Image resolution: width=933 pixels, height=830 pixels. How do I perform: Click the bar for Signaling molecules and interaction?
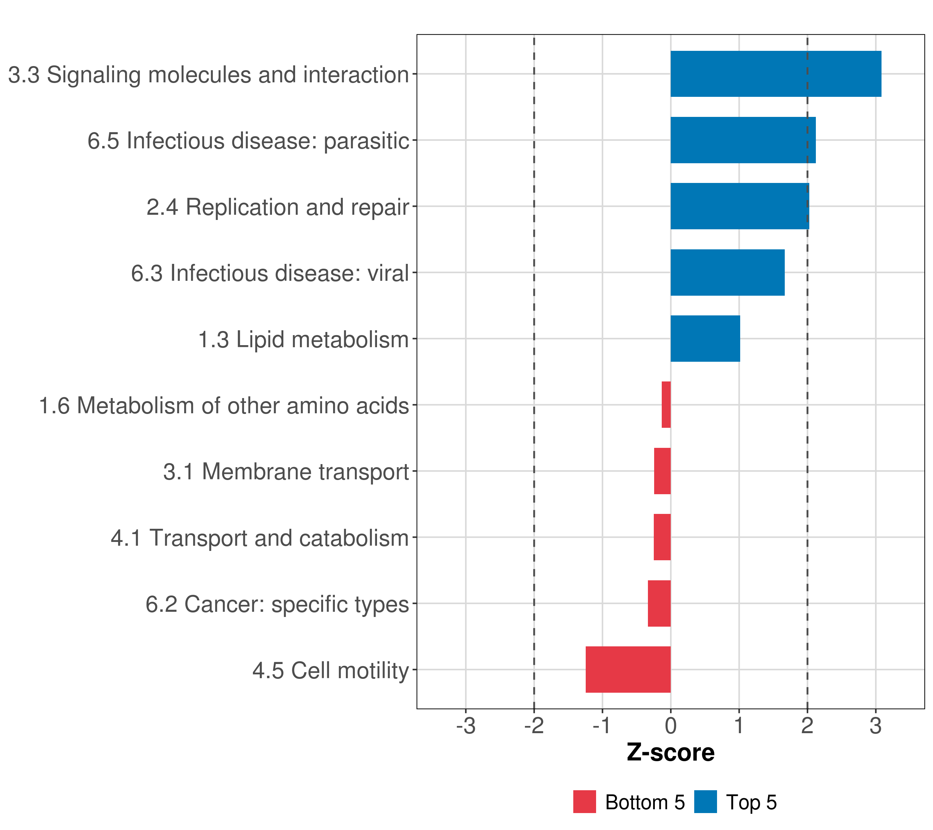(x=775, y=74)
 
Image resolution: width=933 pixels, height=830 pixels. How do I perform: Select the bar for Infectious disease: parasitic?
(x=743, y=140)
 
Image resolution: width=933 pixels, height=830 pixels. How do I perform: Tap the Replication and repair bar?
(x=739, y=206)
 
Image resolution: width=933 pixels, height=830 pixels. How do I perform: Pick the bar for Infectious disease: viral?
(x=727, y=273)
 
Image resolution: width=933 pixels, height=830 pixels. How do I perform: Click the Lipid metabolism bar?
(x=705, y=339)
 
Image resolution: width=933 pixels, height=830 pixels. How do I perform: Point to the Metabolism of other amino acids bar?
(x=666, y=405)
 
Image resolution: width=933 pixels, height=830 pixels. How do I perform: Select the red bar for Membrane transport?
(x=662, y=471)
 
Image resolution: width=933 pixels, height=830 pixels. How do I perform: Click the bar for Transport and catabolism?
(x=662, y=537)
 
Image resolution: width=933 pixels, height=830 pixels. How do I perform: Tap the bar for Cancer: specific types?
(x=659, y=603)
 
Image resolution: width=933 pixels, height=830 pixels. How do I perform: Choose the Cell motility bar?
(x=628, y=670)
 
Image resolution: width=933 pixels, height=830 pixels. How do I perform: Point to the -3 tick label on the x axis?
(x=465, y=726)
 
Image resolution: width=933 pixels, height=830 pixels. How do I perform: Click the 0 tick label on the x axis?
(x=670, y=726)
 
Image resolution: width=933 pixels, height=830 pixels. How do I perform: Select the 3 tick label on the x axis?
(x=875, y=726)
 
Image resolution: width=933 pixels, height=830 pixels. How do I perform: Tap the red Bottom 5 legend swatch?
(x=584, y=802)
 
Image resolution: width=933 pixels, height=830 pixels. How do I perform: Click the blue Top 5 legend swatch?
(x=705, y=802)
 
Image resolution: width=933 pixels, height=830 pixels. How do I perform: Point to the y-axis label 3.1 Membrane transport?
(x=286, y=472)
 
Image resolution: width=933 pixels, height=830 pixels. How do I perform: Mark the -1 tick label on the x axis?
(x=602, y=726)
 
